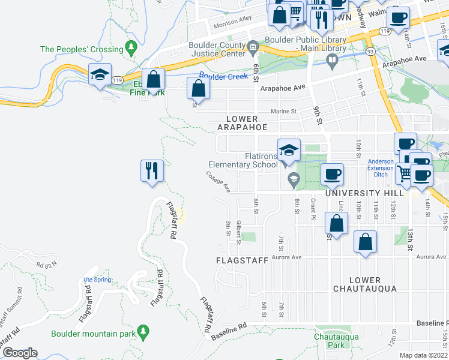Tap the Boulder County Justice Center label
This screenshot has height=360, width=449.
(x=217, y=50)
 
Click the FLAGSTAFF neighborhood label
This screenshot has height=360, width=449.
(x=238, y=260)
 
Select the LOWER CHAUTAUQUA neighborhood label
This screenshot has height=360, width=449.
(x=365, y=284)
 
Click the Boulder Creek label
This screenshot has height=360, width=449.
(x=223, y=76)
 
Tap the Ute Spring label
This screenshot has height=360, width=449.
(x=97, y=279)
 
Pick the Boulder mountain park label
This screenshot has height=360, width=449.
(x=92, y=334)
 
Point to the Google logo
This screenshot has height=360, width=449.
(x=19, y=353)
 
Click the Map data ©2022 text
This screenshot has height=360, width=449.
(x=424, y=355)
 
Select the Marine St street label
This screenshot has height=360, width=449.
(x=285, y=111)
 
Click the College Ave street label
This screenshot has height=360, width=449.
(x=219, y=184)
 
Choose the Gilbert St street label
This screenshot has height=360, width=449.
(x=238, y=232)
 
